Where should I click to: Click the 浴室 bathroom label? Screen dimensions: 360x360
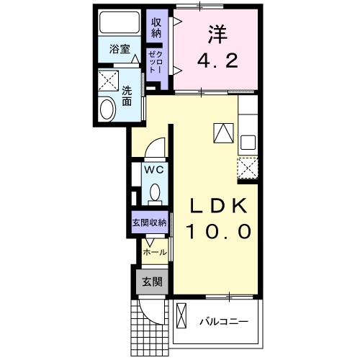120,50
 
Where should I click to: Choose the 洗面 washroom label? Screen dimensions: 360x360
127,96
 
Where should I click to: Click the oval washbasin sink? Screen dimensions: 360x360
107,109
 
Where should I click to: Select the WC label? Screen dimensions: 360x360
155,170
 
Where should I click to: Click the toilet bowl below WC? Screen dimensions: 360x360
155,192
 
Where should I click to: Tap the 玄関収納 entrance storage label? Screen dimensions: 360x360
149,223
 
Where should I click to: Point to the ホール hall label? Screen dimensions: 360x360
155,252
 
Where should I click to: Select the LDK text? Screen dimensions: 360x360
220,205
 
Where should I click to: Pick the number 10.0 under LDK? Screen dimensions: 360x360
220,232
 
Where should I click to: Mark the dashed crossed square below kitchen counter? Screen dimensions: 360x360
248,167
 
